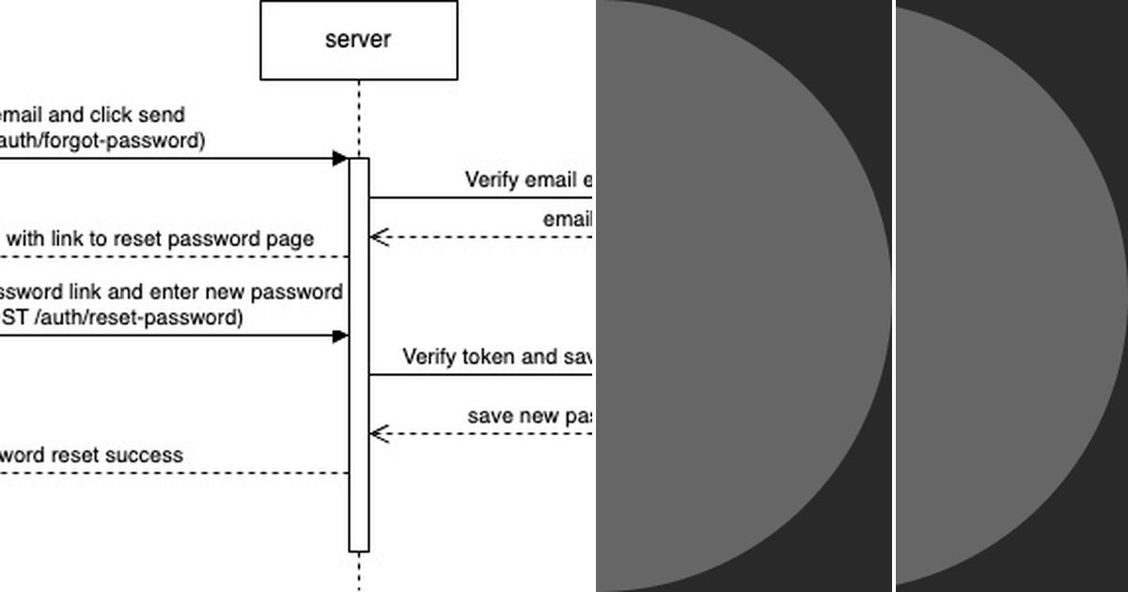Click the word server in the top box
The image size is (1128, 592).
pos(358,39)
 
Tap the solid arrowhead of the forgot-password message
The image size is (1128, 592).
pos(340,159)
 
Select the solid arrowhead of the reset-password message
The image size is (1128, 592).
pos(340,336)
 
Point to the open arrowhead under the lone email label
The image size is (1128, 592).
pos(379,237)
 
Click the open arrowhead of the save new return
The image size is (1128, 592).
pos(379,433)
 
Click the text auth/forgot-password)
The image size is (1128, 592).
pos(102,141)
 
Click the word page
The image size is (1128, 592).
pos(292,239)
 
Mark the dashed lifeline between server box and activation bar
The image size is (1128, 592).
pos(358,118)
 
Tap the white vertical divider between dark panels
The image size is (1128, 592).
pos(893,296)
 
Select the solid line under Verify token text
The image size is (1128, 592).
pos(479,375)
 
